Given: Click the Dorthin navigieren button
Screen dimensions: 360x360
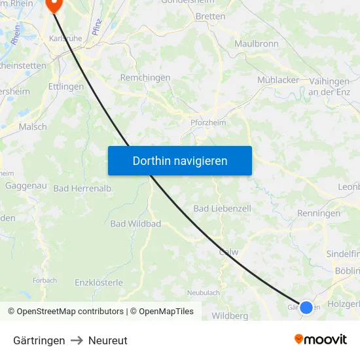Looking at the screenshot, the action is click(179, 160).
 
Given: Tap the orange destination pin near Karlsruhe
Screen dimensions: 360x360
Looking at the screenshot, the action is click(53, 5).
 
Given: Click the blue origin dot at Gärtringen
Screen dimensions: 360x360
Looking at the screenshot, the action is click(306, 306).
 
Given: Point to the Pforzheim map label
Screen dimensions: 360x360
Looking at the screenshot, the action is click(207, 123).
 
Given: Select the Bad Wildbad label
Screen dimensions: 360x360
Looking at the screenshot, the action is click(135, 224).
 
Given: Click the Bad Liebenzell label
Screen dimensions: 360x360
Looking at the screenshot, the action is click(222, 208).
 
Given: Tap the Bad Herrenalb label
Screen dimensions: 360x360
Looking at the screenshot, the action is click(82, 189).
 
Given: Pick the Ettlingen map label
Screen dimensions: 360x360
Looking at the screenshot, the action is click(65, 86).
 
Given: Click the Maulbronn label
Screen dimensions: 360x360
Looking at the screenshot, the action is click(256, 44).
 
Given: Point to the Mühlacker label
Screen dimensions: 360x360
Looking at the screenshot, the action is click(278, 80).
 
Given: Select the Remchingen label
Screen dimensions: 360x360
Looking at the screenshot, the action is click(145, 77).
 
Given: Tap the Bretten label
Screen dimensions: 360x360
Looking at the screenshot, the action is click(210, 16).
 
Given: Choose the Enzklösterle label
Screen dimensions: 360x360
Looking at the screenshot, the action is click(99, 283).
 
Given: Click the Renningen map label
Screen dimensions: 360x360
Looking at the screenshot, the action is click(319, 213).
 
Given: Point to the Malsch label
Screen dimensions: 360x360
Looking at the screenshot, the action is click(33, 127).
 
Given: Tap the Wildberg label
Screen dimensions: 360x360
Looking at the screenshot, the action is click(230, 316).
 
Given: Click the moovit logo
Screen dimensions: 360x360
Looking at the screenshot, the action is click(321, 340).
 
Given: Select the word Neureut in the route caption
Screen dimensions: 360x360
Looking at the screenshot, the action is click(108, 340).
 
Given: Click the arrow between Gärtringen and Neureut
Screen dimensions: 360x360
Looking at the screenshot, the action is click(77, 340).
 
